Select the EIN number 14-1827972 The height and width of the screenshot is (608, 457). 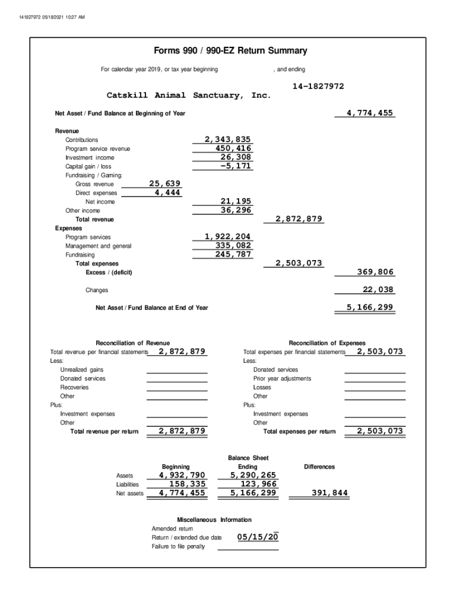[318, 87]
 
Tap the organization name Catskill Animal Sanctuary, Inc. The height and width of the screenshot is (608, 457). [188, 96]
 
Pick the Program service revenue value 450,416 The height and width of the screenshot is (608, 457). [233, 148]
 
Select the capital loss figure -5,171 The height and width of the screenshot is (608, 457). [236, 166]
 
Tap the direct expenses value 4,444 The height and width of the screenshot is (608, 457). [168, 193]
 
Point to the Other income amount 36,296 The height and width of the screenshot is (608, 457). [236, 210]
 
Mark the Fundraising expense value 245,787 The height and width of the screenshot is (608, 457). [233, 255]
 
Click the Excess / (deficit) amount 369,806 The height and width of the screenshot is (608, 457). [375, 272]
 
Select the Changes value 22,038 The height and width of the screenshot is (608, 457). [378, 290]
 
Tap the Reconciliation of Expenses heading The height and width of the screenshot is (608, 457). [327, 343]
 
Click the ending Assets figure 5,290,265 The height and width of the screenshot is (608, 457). [253, 475]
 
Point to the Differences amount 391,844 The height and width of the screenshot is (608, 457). [330, 493]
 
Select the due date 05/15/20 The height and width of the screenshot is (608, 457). [258, 537]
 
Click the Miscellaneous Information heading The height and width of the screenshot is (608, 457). [214, 520]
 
